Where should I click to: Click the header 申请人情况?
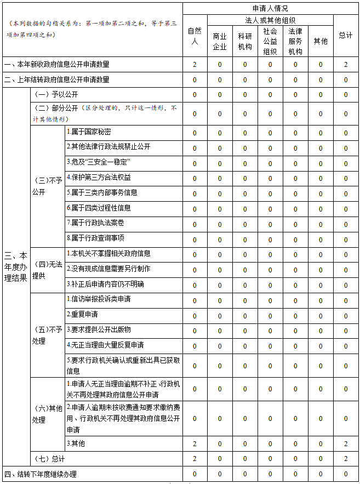point(270,9)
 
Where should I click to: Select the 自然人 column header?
point(195,36)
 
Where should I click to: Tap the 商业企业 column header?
point(220,41)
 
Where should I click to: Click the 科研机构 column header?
point(245,41)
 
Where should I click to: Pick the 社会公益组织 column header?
point(270,41)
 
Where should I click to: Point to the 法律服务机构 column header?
point(295,41)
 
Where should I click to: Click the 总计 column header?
point(346,36)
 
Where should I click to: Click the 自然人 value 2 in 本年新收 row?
point(195,65)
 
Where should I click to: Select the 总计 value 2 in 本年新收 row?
point(346,65)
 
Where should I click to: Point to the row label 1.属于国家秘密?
point(89,132)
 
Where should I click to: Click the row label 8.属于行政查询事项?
point(95,238)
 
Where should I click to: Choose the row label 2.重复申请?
point(82,315)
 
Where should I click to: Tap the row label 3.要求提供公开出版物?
point(99,329)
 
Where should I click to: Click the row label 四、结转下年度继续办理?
point(41,474)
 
